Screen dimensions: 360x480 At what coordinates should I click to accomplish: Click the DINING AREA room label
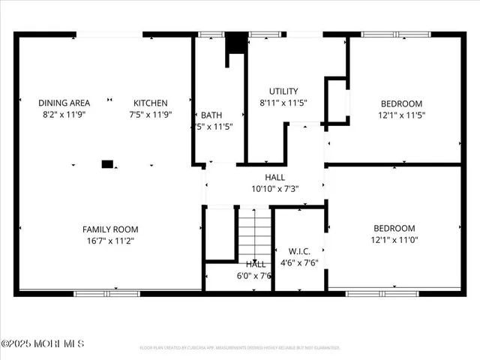[64, 103]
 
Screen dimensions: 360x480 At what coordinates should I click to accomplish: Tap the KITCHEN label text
[151, 103]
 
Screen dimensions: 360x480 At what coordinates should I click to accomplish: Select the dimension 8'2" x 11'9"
[64, 115]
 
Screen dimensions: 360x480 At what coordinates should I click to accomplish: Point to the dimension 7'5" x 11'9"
[151, 115]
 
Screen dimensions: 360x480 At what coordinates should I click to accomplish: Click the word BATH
[211, 115]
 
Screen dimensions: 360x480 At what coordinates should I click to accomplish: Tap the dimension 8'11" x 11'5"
[283, 102]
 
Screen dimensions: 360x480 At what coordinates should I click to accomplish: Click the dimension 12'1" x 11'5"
[401, 115]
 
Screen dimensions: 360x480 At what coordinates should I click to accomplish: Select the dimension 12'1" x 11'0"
[394, 241]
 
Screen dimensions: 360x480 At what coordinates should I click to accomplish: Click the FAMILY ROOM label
[110, 229]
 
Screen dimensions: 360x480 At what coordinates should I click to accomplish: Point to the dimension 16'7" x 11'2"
[110, 241]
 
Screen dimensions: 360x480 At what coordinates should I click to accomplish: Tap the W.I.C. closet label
[299, 250]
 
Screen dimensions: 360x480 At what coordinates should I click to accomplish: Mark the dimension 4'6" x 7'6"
[298, 263]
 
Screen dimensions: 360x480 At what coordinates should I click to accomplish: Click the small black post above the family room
[107, 163]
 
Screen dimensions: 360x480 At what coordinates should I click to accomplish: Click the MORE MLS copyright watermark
[43, 343]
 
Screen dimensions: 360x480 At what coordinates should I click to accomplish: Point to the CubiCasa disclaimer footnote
[239, 348]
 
